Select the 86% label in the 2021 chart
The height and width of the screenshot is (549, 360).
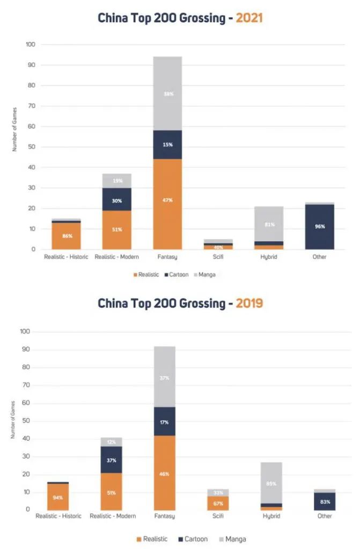pyautogui.click(x=66, y=236)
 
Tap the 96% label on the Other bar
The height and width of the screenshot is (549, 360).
pyautogui.click(x=320, y=227)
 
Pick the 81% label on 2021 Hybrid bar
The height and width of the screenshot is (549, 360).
pyautogui.click(x=269, y=224)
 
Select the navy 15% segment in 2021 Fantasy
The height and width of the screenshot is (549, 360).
pyautogui.click(x=167, y=145)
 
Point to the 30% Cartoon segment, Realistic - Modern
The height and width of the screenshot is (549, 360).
pyautogui.click(x=117, y=201)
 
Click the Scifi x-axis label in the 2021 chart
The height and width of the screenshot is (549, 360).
pyautogui.click(x=218, y=257)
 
